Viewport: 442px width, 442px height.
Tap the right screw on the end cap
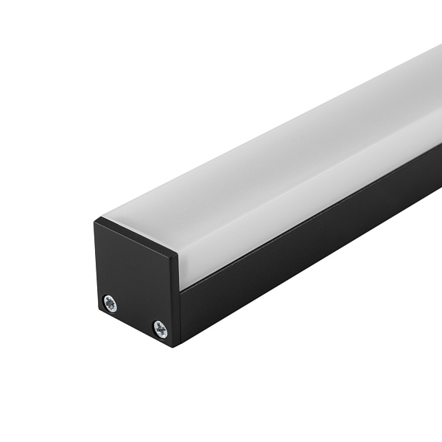(160, 329)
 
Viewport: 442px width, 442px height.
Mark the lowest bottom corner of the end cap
(175, 347)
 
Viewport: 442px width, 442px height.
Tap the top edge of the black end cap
(136, 235)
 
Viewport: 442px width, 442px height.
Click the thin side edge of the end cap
(177, 302)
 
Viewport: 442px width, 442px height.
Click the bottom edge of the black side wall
(309, 284)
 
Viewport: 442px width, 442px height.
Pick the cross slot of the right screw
(160, 329)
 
